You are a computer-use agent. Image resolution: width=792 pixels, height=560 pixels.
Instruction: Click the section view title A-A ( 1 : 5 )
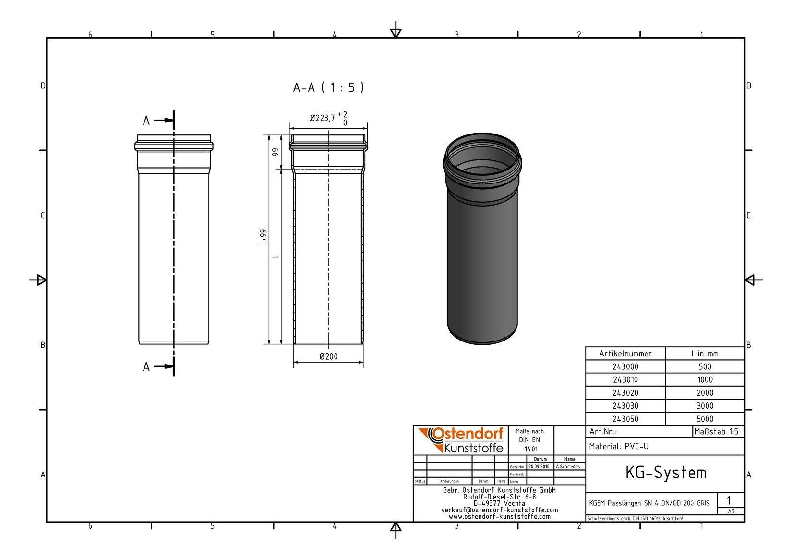328,87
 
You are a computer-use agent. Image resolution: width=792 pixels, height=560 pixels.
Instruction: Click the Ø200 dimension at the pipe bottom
328,357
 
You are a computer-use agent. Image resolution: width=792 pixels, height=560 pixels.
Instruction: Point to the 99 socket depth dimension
275,152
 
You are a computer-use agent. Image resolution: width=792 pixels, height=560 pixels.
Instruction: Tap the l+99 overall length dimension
263,237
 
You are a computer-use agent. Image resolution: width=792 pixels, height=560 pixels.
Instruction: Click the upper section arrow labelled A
158,121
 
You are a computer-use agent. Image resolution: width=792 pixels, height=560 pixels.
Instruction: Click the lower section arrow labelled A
158,367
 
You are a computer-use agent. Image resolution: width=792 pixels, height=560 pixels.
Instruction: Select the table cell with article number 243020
625,393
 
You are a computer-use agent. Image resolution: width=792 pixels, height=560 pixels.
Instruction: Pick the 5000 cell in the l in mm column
705,419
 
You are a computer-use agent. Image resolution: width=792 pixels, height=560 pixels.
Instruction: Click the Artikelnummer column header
625,354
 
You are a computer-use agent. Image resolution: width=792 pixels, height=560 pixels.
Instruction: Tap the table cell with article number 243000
625,367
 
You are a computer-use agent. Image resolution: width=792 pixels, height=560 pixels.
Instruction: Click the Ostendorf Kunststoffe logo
461,440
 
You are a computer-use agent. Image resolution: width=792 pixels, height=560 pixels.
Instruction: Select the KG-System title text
665,473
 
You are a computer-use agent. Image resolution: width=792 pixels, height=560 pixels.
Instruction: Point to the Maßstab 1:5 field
716,432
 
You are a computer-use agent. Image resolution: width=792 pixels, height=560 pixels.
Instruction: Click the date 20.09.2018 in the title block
539,467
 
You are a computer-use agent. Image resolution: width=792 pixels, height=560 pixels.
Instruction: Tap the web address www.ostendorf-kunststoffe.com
499,517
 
